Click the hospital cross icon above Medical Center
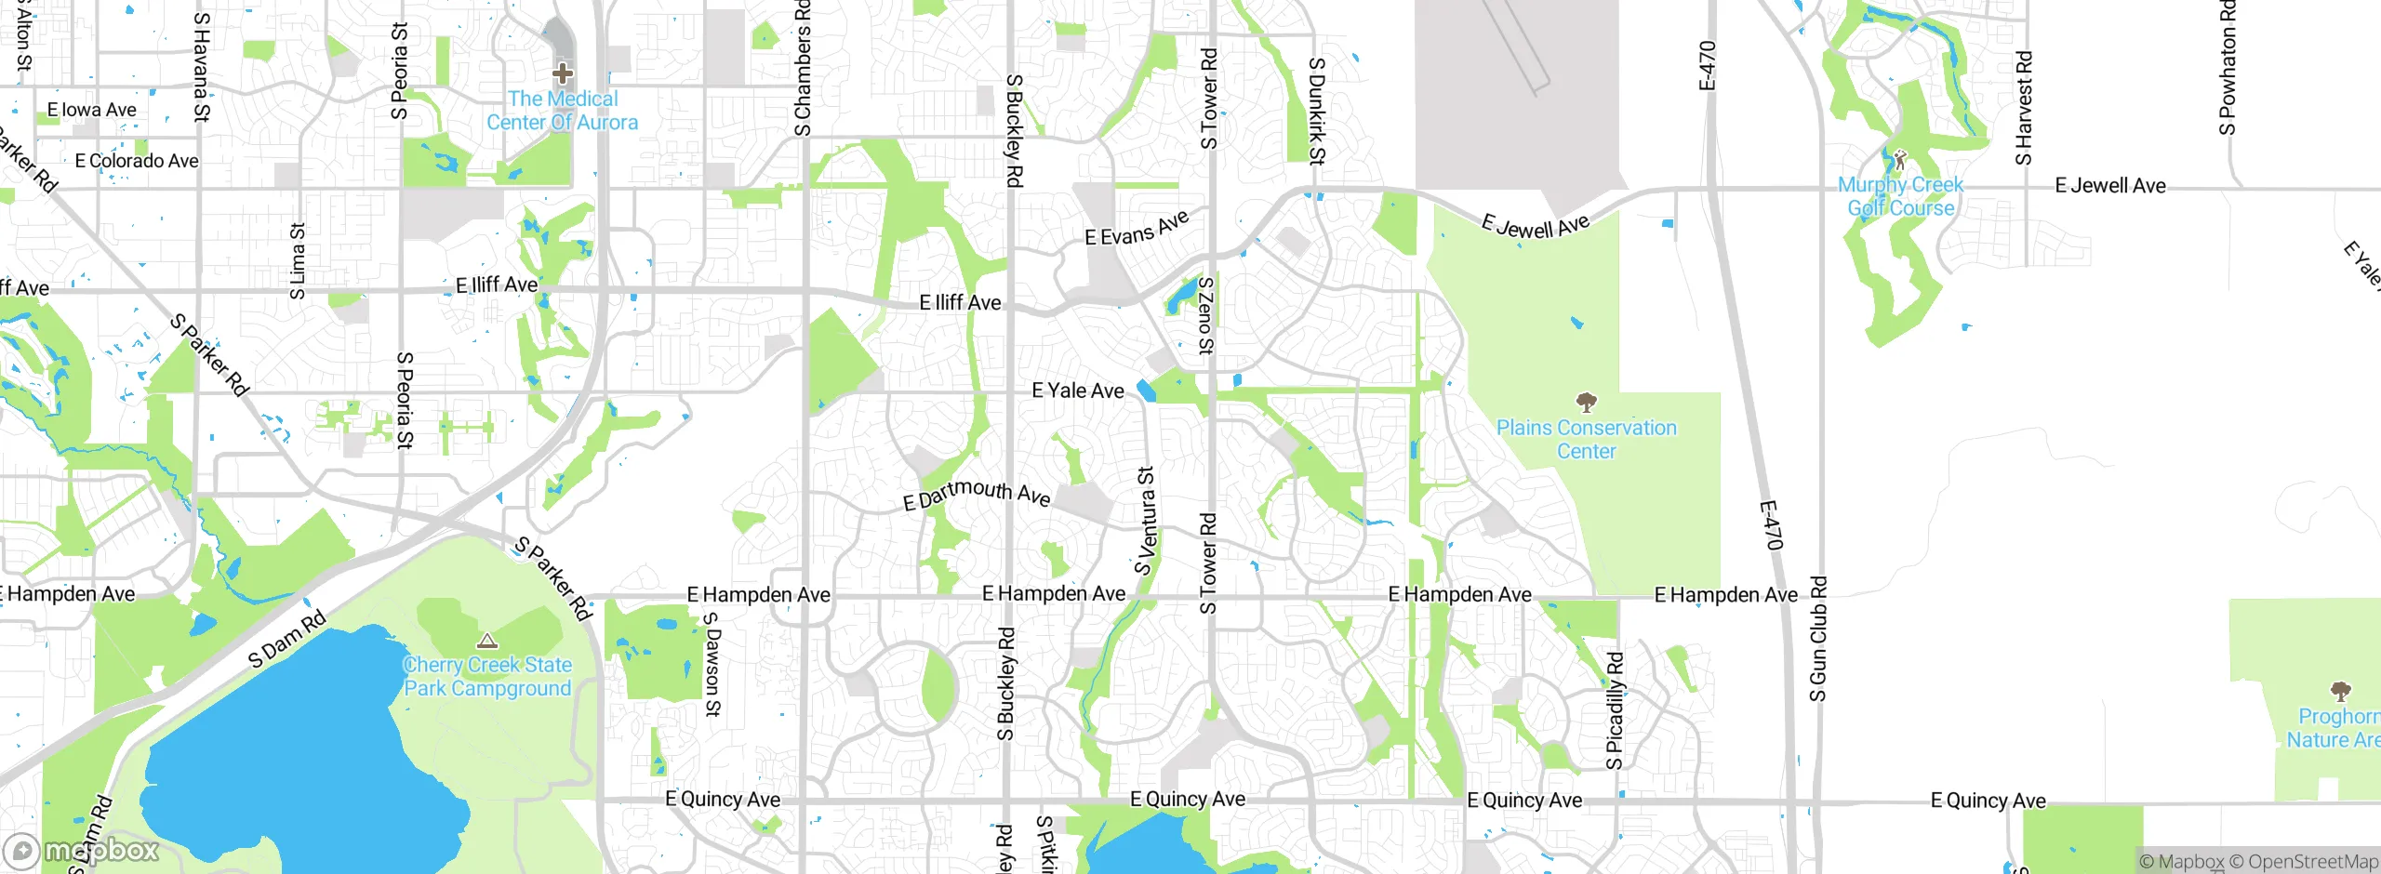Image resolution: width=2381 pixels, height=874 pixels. (562, 73)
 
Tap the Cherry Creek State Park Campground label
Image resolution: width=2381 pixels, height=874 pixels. (487, 677)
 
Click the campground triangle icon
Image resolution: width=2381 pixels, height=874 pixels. (487, 642)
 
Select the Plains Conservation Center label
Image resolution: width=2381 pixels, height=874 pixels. (1587, 440)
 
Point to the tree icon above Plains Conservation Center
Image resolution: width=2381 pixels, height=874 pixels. (1587, 403)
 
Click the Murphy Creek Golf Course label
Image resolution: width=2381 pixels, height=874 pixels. (1900, 196)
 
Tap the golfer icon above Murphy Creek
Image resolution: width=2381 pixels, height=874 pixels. (1900, 159)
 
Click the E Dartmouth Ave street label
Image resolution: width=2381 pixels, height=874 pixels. (977, 494)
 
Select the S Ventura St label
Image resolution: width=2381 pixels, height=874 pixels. (1145, 521)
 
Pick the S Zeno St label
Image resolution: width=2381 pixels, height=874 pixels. (1205, 315)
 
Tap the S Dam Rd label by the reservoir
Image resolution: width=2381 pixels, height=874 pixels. (287, 639)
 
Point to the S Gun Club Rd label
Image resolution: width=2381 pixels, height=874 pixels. (1818, 639)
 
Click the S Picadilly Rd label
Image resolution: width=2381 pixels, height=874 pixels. (1615, 711)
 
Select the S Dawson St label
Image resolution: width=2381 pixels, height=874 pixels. (712, 664)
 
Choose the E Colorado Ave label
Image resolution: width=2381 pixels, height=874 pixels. (137, 161)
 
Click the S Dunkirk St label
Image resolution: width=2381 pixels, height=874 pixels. (1316, 111)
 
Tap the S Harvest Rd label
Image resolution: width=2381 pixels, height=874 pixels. (2024, 109)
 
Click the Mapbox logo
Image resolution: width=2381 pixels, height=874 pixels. (82, 850)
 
